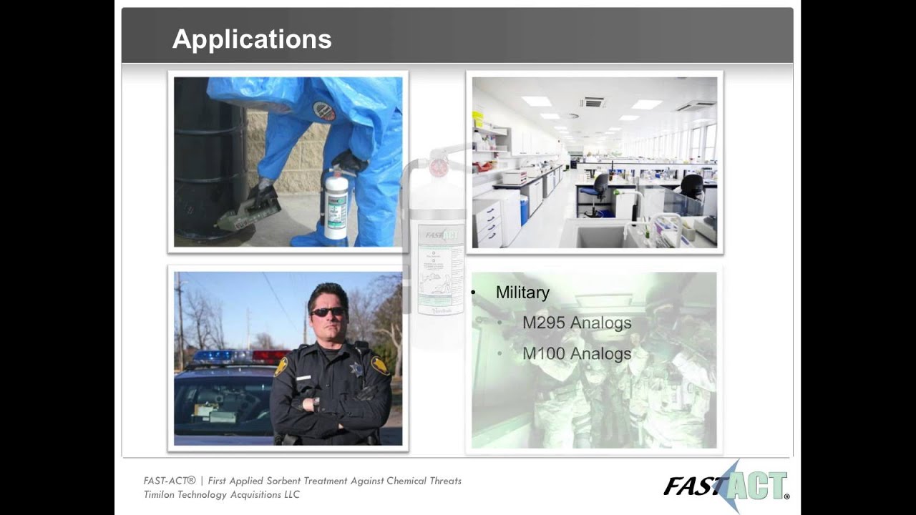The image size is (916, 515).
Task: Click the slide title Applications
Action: click(x=252, y=39)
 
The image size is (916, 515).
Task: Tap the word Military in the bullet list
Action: click(x=522, y=293)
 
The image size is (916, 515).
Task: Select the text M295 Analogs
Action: click(x=577, y=323)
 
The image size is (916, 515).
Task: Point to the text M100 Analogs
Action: click(x=577, y=353)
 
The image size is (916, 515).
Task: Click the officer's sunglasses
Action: click(x=327, y=312)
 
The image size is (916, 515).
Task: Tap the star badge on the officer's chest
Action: click(x=355, y=369)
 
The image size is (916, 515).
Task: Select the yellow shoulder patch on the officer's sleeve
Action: click(x=380, y=365)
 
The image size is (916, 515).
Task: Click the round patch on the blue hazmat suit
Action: click(x=323, y=111)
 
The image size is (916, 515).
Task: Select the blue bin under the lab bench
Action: click(x=524, y=210)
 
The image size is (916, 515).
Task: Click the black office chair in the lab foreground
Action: click(x=599, y=190)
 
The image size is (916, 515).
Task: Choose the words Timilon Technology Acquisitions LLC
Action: click(x=221, y=495)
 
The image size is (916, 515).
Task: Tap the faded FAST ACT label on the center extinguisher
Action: click(x=442, y=234)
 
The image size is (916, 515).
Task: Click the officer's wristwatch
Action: click(x=316, y=403)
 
